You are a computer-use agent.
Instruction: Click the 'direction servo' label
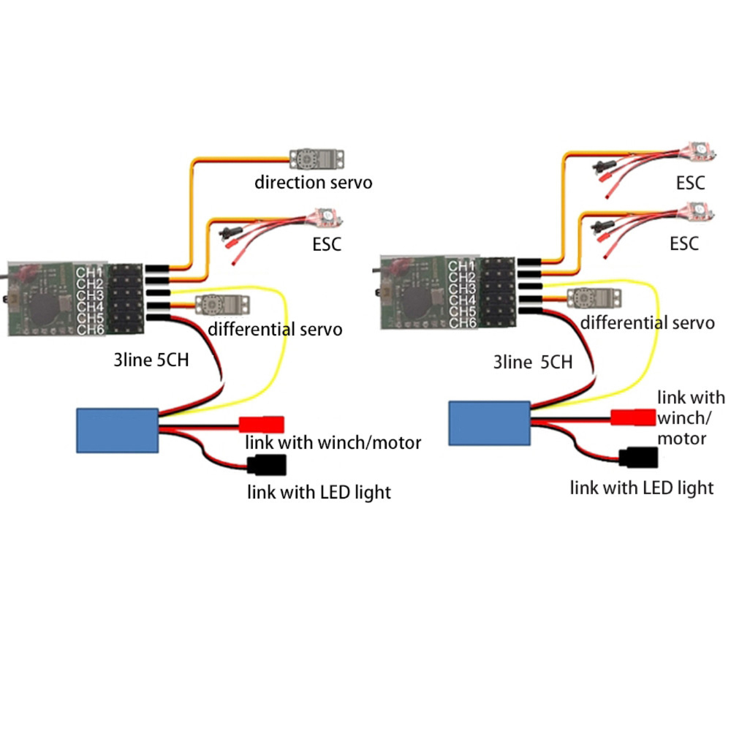pyautogui.click(x=313, y=181)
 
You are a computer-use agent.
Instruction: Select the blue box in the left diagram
pyautogui.click(x=118, y=430)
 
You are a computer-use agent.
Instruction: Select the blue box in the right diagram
pyautogui.click(x=489, y=423)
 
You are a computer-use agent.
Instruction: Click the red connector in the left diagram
pyautogui.click(x=262, y=424)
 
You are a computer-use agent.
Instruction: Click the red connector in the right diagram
pyautogui.click(x=633, y=417)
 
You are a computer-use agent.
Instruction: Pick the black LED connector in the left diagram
pyautogui.click(x=267, y=464)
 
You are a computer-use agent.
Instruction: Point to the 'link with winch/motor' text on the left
pyautogui.click(x=333, y=442)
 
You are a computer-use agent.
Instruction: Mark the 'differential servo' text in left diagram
pyautogui.click(x=275, y=329)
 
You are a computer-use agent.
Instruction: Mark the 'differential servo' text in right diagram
pyautogui.click(x=647, y=322)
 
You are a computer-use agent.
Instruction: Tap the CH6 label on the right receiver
pyautogui.click(x=462, y=322)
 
